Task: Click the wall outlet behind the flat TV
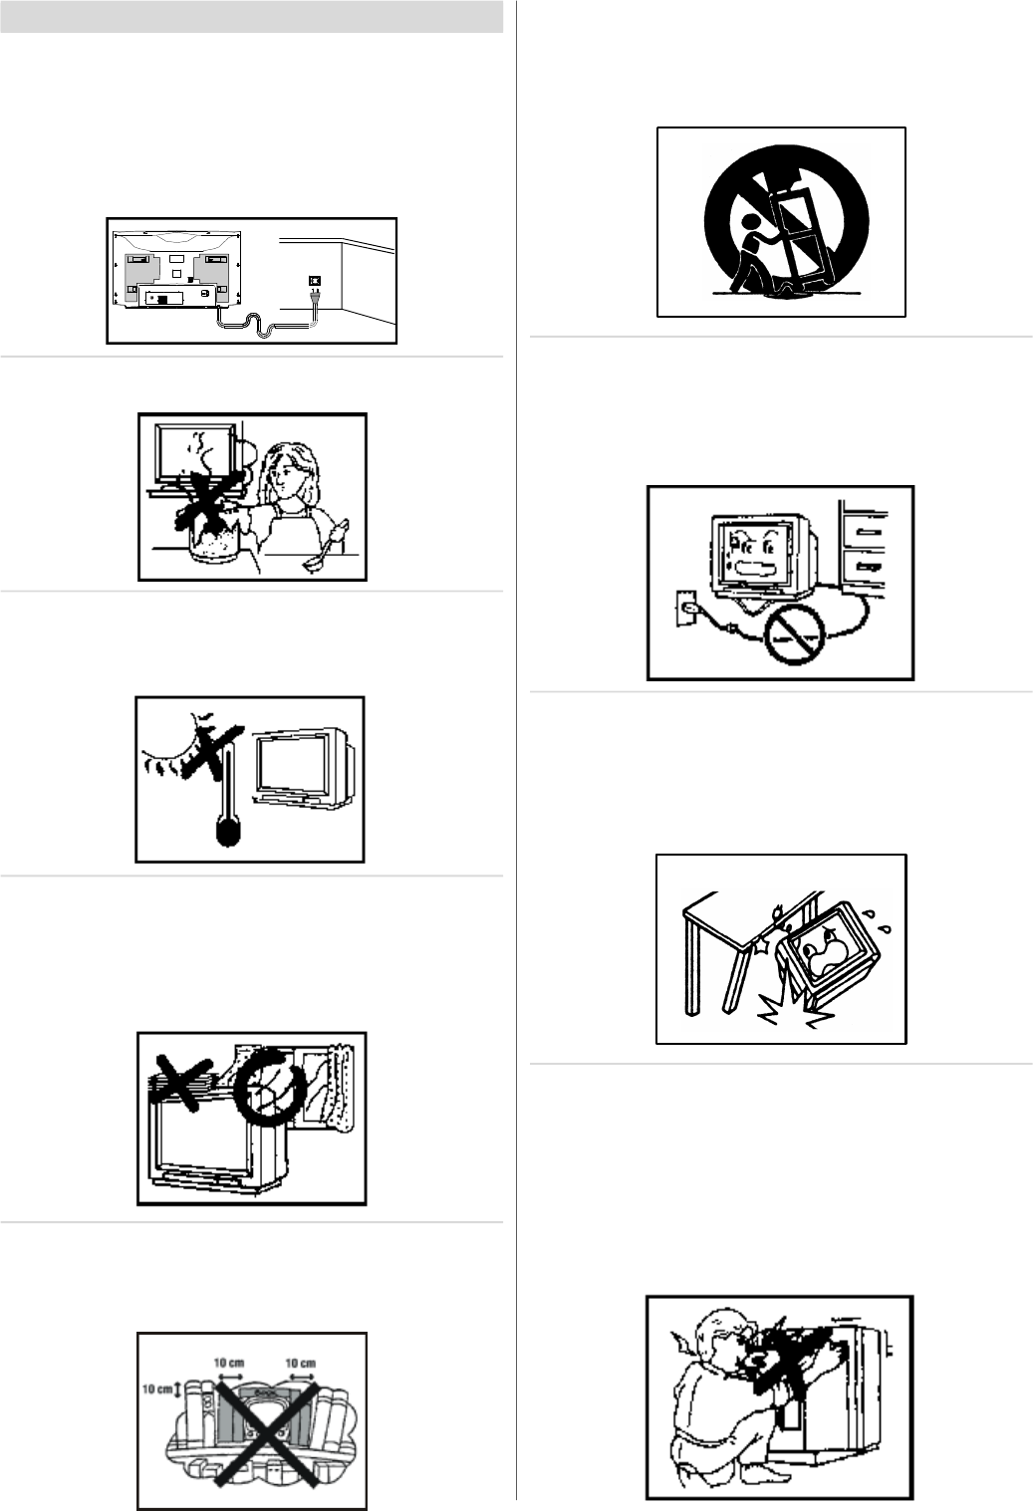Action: click(x=313, y=279)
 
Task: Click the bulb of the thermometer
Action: click(x=228, y=831)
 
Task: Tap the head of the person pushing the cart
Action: click(x=750, y=222)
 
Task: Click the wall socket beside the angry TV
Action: click(x=685, y=608)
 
